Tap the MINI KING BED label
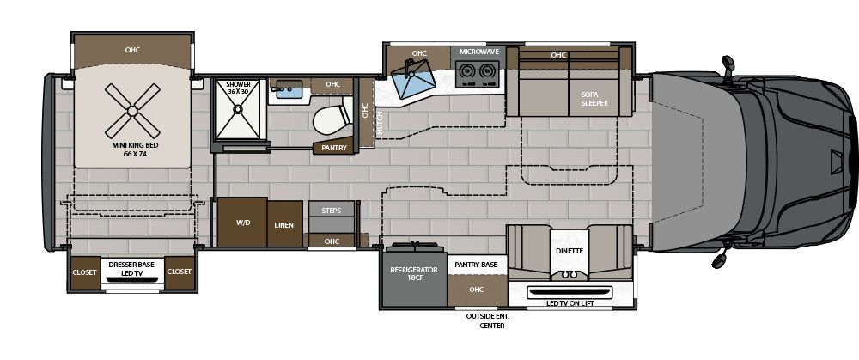click(x=131, y=150)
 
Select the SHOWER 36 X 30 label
click(x=238, y=88)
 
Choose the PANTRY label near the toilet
click(x=333, y=148)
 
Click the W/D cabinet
click(x=241, y=223)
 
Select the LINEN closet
click(x=284, y=224)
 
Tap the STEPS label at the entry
click(x=332, y=210)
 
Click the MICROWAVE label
click(x=478, y=52)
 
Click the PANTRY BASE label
click(x=477, y=265)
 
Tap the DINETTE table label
click(x=569, y=251)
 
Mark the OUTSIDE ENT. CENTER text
click(x=486, y=321)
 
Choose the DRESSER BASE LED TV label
click(x=131, y=268)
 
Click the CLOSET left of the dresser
click(x=84, y=272)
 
